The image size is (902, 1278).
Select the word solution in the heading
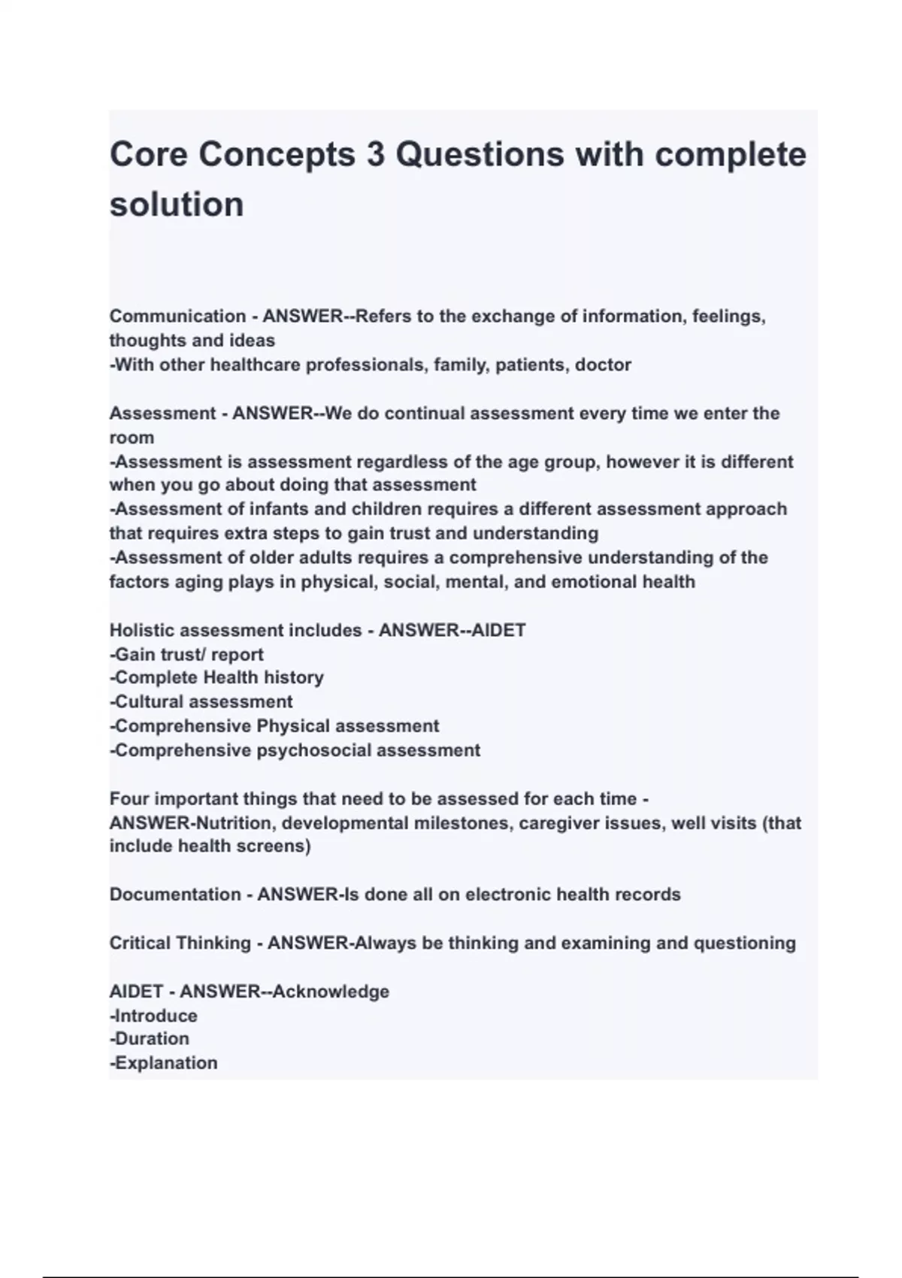177,204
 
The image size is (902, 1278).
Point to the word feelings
728,316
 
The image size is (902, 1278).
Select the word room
132,438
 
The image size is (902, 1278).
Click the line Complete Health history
218,677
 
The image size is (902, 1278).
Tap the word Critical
141,943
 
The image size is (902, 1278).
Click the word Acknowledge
331,992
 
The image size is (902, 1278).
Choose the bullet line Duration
150,1039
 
